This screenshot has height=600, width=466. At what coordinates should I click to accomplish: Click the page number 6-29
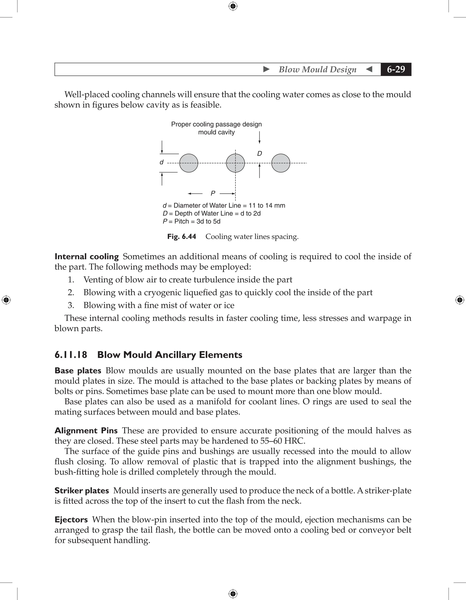[x=396, y=69]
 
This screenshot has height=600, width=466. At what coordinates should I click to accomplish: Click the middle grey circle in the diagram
[x=235, y=163]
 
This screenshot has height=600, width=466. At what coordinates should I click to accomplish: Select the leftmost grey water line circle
[x=189, y=163]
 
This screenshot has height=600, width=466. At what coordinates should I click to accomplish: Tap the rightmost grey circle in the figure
[x=281, y=163]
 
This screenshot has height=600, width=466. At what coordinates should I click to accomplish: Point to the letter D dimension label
[x=259, y=154]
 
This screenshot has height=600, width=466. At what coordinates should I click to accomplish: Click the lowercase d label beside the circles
[x=162, y=162]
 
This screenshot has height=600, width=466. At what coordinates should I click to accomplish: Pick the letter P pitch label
[x=213, y=194]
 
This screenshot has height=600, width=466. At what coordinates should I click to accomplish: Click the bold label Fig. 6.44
[x=182, y=236]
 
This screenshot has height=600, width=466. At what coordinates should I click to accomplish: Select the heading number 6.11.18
[x=71, y=355]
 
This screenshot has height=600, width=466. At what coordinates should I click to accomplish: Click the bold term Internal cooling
[x=86, y=257]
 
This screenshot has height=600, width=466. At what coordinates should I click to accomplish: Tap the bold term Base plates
[x=78, y=371]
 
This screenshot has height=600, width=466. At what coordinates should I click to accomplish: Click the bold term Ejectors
[x=71, y=520]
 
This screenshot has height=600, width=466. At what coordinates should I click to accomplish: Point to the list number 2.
[x=71, y=292]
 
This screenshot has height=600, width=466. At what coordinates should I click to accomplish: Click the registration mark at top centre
[x=233, y=6]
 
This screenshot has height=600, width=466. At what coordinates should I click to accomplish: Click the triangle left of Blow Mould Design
[x=266, y=69]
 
